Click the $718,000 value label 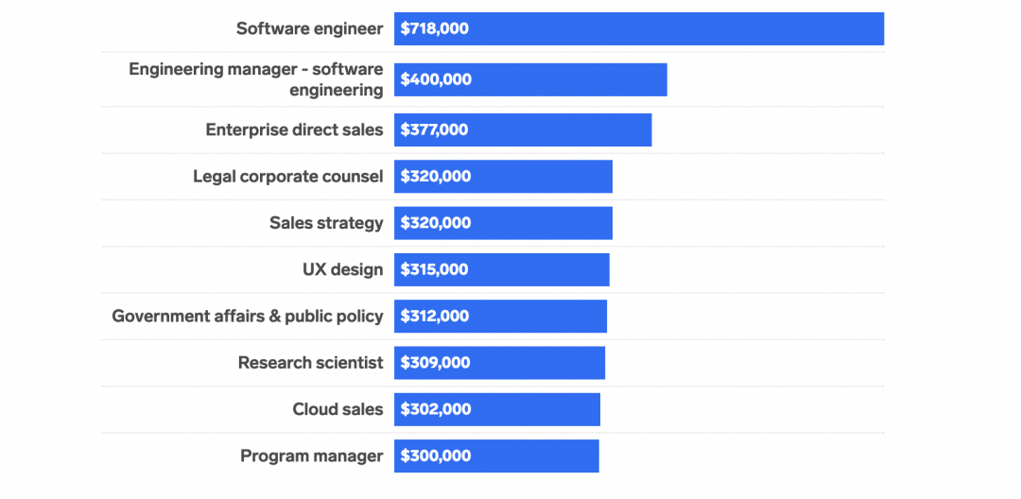(434, 29)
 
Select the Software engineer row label (309, 29)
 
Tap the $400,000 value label (436, 79)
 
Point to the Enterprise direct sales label (294, 129)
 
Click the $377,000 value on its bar (434, 130)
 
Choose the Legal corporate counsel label (287, 176)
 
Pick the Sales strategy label (326, 223)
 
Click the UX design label (342, 269)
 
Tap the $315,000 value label (434, 269)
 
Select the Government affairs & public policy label (247, 316)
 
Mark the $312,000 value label (434, 317)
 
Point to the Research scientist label (310, 362)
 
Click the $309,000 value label (435, 363)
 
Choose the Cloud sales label (337, 409)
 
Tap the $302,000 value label (435, 409)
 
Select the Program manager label (311, 456)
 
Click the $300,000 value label (435, 456)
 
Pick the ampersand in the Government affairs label (275, 316)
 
